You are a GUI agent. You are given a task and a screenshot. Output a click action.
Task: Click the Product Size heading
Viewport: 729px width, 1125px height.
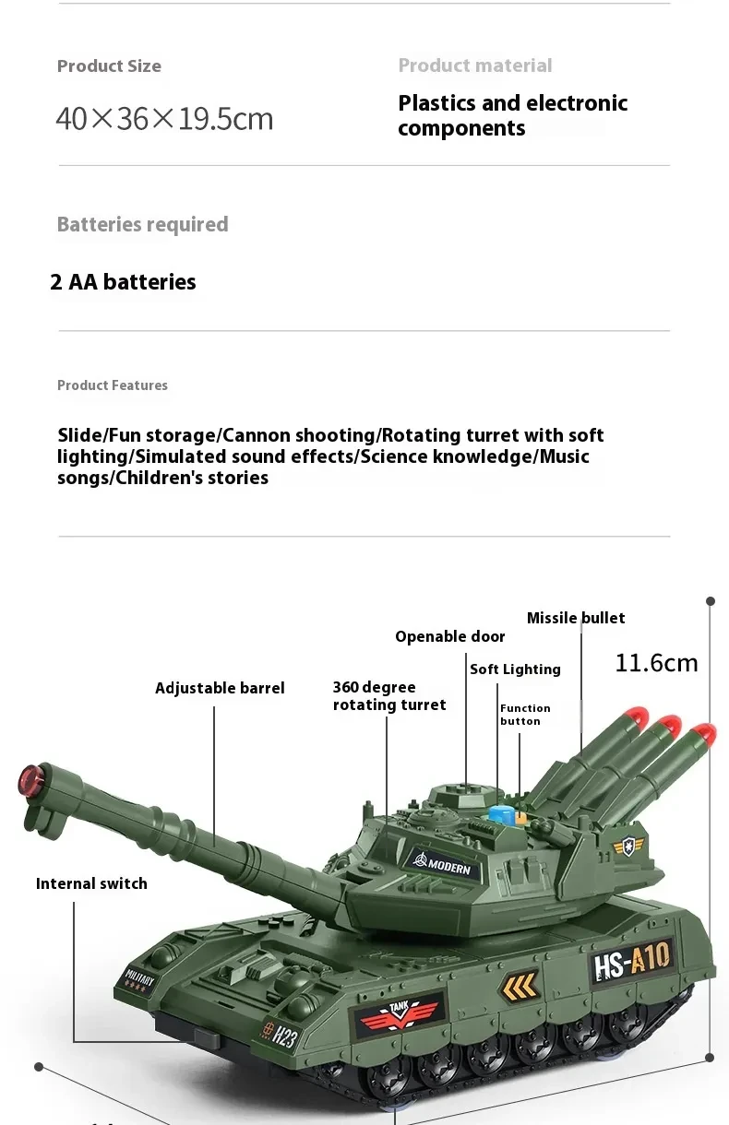click(x=109, y=66)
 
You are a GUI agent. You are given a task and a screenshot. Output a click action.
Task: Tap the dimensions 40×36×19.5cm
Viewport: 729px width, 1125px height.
click(x=164, y=119)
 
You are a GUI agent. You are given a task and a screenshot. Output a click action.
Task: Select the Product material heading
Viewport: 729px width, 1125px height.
click(x=474, y=65)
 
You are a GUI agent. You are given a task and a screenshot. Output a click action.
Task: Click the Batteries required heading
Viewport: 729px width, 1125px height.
click(x=142, y=225)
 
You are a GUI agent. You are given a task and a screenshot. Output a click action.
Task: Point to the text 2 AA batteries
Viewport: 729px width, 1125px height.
click(x=123, y=282)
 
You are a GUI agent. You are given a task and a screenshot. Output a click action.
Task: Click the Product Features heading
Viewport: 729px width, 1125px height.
click(x=113, y=385)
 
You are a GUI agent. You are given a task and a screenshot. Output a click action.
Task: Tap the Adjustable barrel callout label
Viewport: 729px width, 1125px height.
click(x=220, y=688)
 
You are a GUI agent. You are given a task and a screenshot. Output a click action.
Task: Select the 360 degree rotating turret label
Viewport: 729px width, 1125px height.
click(x=388, y=696)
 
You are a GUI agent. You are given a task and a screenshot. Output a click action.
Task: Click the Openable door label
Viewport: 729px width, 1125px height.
click(x=449, y=636)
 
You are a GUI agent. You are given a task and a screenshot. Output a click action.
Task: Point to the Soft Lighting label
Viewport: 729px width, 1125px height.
click(x=515, y=669)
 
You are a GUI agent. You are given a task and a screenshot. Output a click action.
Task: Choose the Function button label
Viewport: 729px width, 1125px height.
click(x=525, y=715)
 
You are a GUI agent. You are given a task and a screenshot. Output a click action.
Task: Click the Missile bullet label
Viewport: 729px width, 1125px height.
click(x=576, y=618)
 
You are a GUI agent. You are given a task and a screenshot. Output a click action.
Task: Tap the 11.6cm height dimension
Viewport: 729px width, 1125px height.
click(x=656, y=663)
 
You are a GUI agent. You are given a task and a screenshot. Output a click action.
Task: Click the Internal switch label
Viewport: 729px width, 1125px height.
click(x=91, y=883)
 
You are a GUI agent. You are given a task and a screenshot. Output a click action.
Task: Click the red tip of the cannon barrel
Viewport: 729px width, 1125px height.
click(x=30, y=780)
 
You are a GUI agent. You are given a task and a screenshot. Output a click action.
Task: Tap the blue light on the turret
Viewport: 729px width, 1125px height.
click(x=501, y=815)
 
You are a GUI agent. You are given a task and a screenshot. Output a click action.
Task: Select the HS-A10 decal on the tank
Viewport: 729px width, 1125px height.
click(x=632, y=962)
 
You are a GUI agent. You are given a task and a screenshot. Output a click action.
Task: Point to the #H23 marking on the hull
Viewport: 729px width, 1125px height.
click(x=279, y=1035)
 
